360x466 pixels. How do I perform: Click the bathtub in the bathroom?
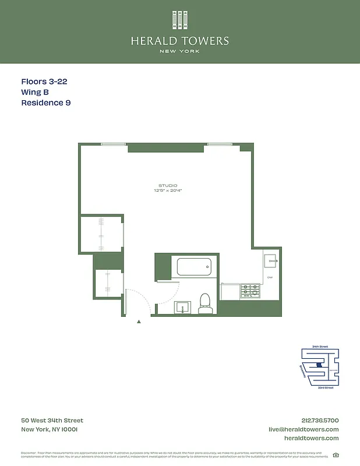pyautogui.click(x=193, y=268)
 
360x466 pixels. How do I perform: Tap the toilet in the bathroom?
pyautogui.click(x=204, y=302)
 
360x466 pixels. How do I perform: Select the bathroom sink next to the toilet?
pyautogui.click(x=183, y=307)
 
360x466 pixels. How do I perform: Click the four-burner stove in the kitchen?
pyautogui.click(x=250, y=290)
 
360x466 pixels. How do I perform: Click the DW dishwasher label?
pyautogui.click(x=270, y=277)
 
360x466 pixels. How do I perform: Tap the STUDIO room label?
pyautogui.click(x=168, y=185)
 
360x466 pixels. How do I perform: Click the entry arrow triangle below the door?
pyautogui.click(x=138, y=320)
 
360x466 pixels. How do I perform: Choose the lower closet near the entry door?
pyautogui.click(x=108, y=284)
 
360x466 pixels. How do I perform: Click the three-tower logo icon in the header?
pyautogui.click(x=179, y=21)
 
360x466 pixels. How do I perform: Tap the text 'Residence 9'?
pyautogui.click(x=46, y=103)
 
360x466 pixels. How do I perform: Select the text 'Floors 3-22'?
pyautogui.click(x=44, y=82)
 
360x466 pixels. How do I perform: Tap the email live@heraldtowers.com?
pyautogui.click(x=303, y=429)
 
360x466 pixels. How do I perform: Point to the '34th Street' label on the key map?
pyautogui.click(x=320, y=347)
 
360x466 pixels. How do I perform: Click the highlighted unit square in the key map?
pyautogui.click(x=318, y=366)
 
